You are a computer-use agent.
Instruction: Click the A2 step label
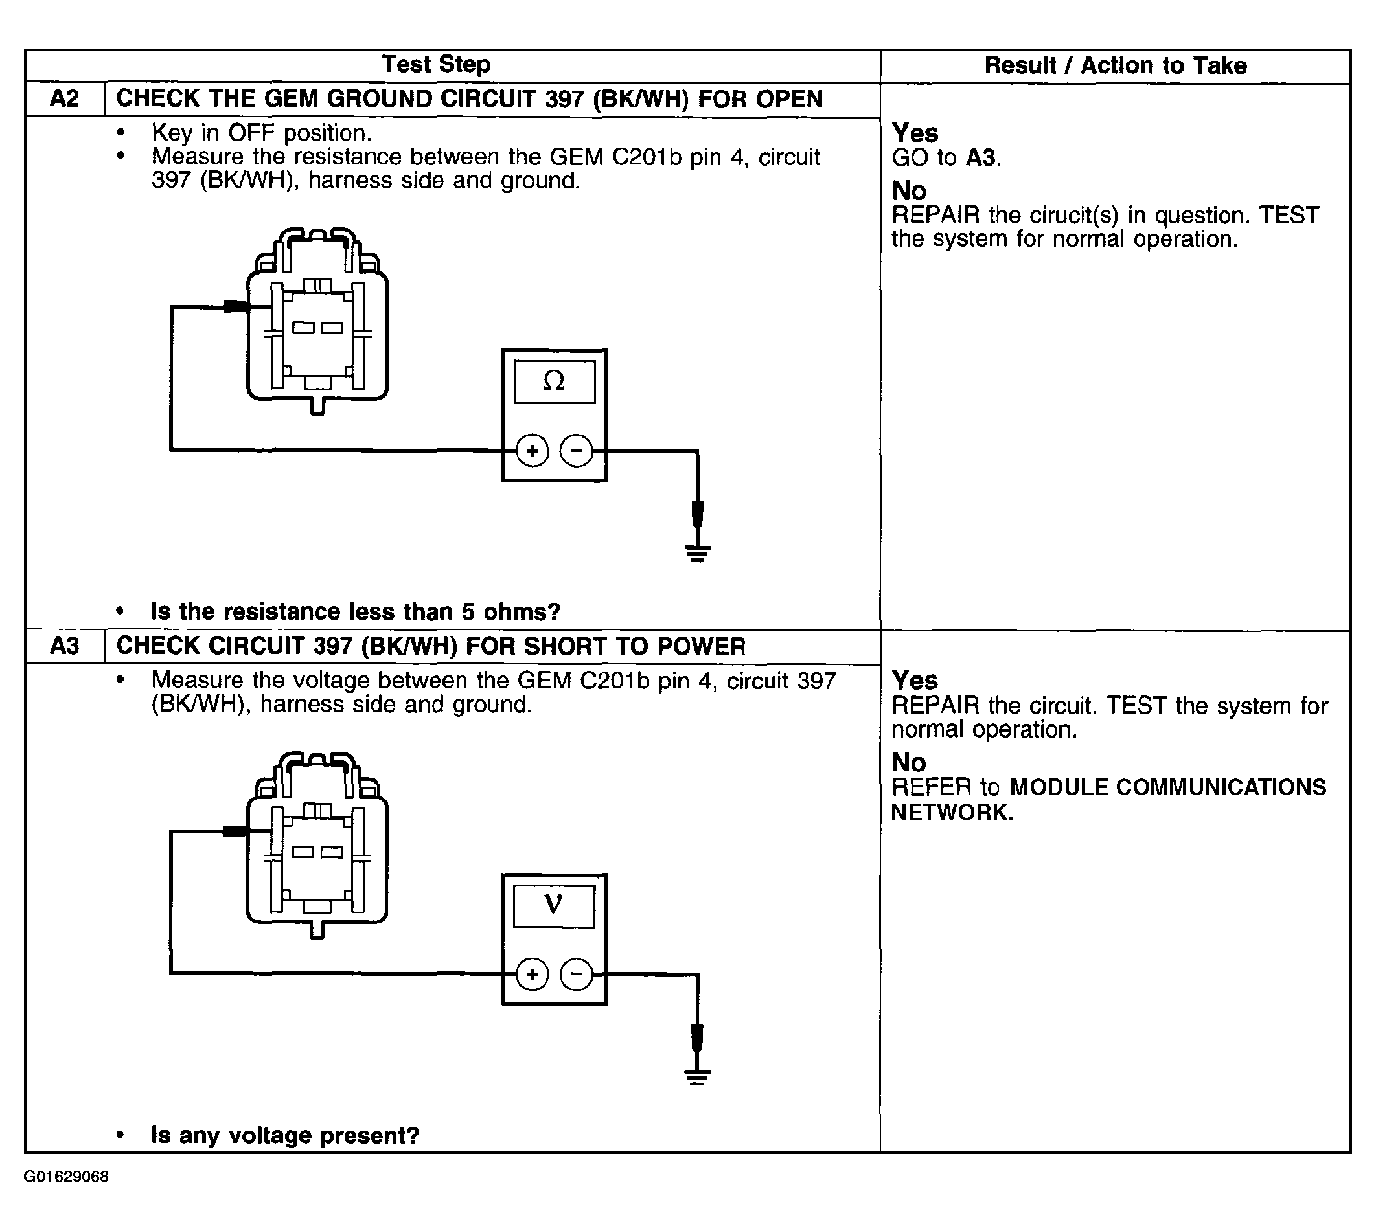(64, 98)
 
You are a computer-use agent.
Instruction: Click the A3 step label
(64, 646)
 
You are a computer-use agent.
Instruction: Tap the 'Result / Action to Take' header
(1115, 65)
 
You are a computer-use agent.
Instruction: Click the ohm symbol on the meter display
(553, 381)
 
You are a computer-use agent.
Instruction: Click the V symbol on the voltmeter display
(553, 905)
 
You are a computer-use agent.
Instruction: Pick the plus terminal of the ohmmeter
(532, 451)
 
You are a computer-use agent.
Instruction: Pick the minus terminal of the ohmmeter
(577, 451)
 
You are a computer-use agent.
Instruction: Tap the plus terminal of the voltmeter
(532, 974)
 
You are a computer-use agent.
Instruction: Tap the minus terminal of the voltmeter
(577, 974)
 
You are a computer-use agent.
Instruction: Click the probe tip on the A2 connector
(235, 307)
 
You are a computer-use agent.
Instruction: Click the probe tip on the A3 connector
(234, 831)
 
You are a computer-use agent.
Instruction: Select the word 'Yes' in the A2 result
(915, 133)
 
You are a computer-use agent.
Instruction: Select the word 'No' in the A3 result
(908, 762)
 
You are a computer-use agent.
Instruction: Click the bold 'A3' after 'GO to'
(981, 158)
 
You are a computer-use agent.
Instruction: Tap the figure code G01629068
(66, 1177)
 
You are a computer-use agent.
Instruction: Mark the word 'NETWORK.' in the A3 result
(952, 812)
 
